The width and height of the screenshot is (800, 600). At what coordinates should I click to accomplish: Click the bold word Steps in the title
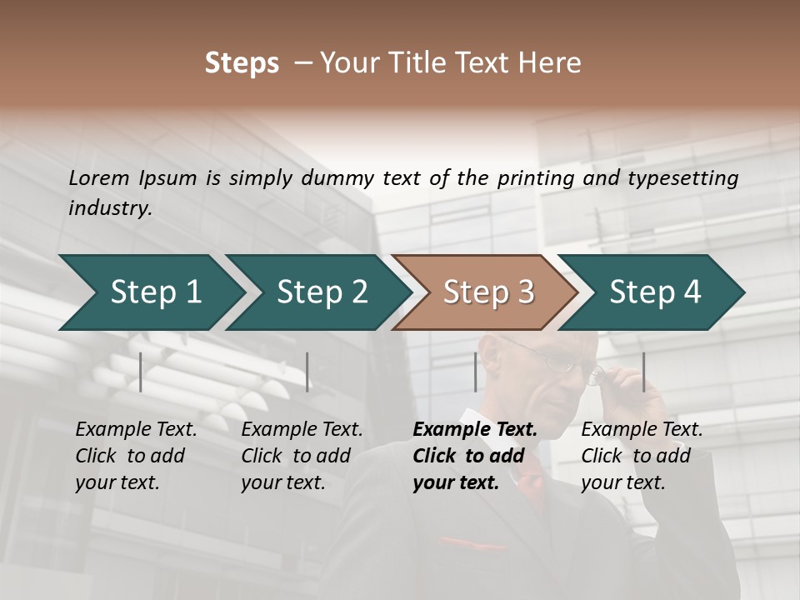coord(242,63)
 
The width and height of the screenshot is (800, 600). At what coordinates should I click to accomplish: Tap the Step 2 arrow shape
coord(317,292)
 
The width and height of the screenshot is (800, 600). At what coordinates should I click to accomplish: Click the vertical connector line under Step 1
coord(141,372)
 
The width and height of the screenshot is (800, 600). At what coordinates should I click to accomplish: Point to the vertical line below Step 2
coord(307,372)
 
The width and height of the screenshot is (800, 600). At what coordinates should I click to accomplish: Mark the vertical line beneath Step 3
coord(475,372)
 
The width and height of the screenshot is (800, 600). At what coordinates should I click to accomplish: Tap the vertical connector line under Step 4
coord(643,372)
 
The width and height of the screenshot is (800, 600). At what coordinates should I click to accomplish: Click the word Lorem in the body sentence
coord(99,177)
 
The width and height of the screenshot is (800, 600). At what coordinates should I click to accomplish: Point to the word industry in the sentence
coord(109,208)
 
